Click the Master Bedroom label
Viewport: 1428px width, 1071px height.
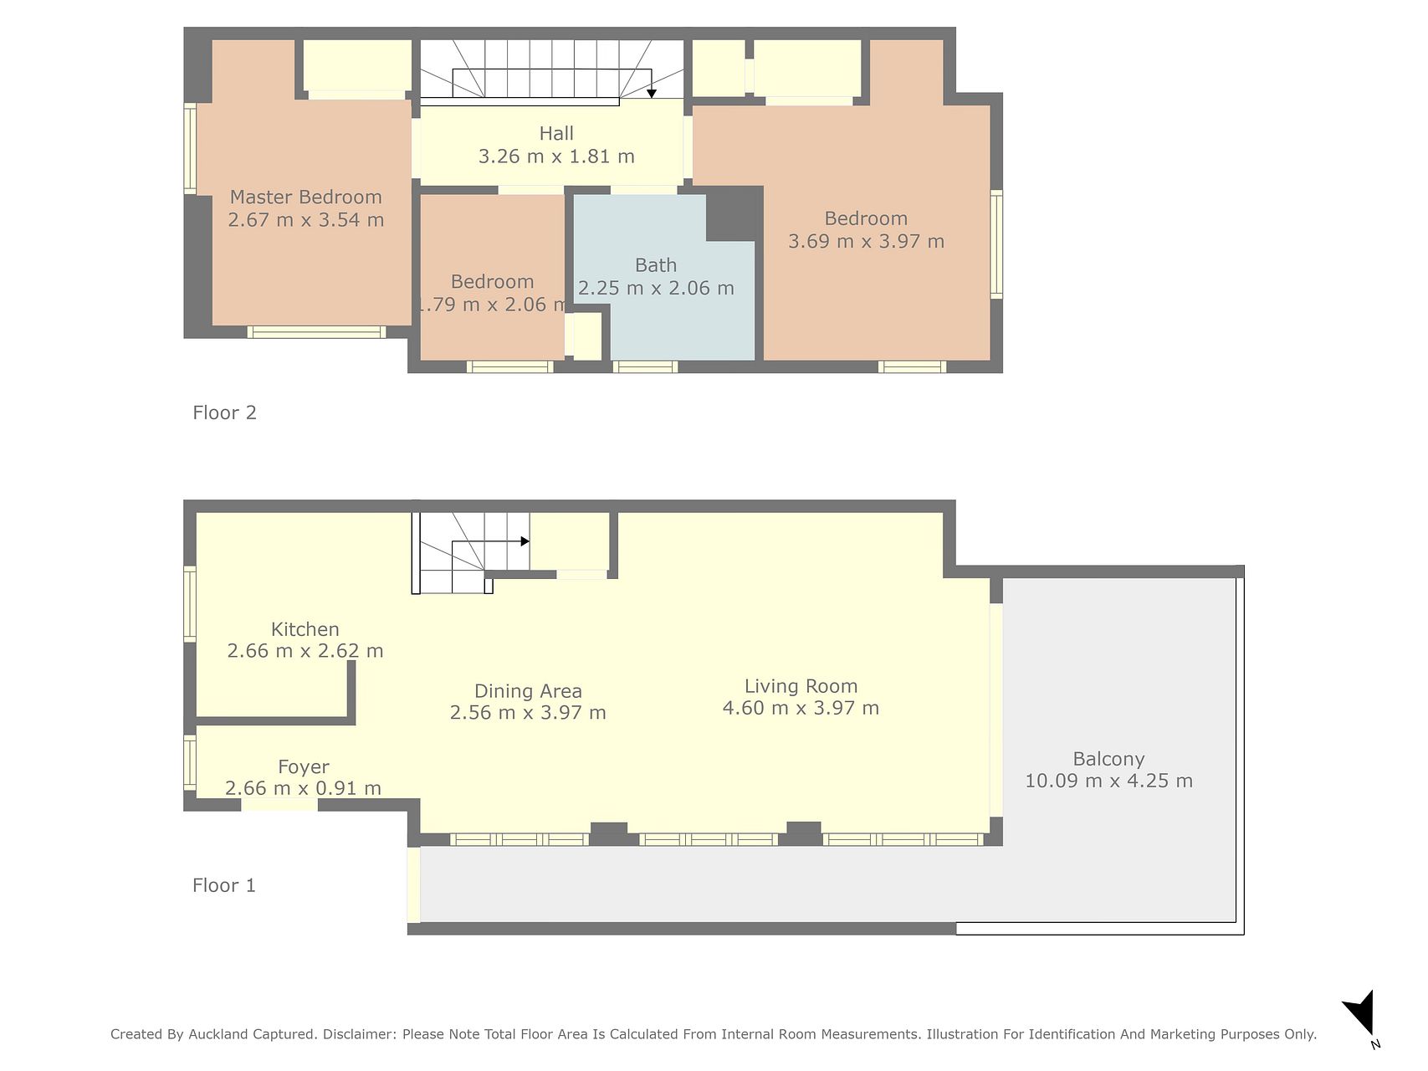[x=305, y=197]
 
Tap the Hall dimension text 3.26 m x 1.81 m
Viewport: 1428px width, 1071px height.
[x=556, y=156]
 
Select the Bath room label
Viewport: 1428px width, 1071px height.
[x=656, y=265]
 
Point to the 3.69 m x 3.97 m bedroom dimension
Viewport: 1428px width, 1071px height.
[x=866, y=241]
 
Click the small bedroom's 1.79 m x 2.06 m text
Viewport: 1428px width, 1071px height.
[x=492, y=305]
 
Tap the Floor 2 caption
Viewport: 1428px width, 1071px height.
[x=224, y=413]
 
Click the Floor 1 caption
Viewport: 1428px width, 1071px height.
[x=224, y=885]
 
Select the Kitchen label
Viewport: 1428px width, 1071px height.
[x=305, y=629]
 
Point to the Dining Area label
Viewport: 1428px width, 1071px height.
[x=528, y=691]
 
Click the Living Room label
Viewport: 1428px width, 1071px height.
[x=801, y=686]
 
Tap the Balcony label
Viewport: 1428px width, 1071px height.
[x=1109, y=759]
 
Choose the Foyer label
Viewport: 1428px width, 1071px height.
[x=304, y=767]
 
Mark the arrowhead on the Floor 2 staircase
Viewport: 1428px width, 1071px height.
[x=652, y=93]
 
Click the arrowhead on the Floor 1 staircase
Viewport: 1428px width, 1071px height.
[x=525, y=541]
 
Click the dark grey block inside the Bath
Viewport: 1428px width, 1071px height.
[x=733, y=214]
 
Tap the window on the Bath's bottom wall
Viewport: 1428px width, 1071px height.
[x=645, y=366]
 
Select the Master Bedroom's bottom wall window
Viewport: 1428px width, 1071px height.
[x=316, y=332]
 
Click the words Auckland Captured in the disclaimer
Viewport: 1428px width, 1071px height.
[x=252, y=1034]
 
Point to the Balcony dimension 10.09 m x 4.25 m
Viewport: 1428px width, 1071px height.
[x=1109, y=781]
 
